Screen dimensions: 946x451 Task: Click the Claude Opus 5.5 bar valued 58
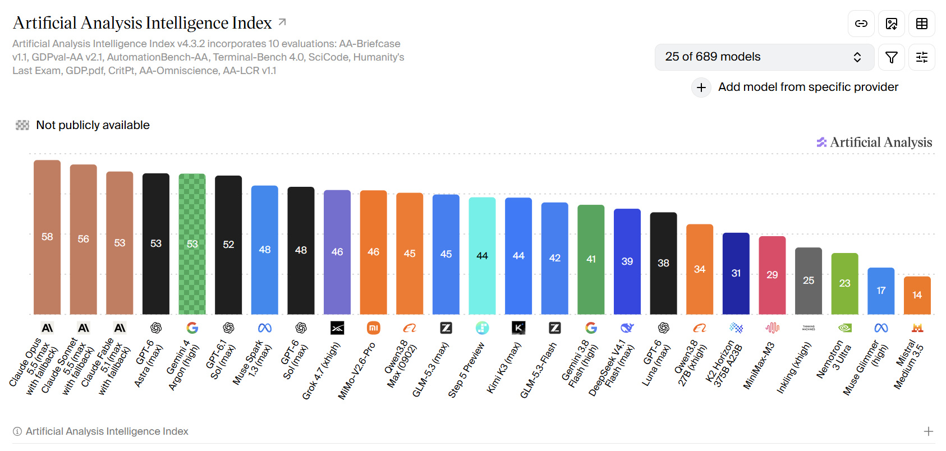coord(47,237)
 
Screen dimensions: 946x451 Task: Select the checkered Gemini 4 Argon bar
coord(192,244)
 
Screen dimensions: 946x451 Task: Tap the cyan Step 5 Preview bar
coord(482,256)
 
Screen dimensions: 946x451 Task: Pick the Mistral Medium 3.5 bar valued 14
coord(917,295)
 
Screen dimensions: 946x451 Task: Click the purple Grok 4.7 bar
coord(337,252)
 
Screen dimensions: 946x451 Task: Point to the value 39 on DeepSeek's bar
coord(627,261)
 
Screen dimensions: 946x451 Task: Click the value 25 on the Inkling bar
coord(809,280)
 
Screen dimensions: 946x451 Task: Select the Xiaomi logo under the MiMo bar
coord(373,328)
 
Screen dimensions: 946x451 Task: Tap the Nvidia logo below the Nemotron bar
coord(844,328)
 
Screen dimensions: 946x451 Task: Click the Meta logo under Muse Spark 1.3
coord(265,328)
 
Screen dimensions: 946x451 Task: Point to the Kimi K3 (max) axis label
coord(503,368)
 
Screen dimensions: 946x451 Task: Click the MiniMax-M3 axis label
coord(759,366)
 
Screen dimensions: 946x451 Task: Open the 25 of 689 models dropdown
coord(764,57)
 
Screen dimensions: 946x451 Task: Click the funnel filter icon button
coord(891,57)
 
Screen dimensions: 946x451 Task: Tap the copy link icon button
coord(861,24)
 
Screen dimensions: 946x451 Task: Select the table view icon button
coord(921,24)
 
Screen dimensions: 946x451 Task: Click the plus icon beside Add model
coord(701,88)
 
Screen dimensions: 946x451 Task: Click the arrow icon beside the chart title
coord(282,22)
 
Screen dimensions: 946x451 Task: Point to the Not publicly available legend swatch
coord(22,125)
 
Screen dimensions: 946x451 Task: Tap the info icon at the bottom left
coord(17,431)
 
